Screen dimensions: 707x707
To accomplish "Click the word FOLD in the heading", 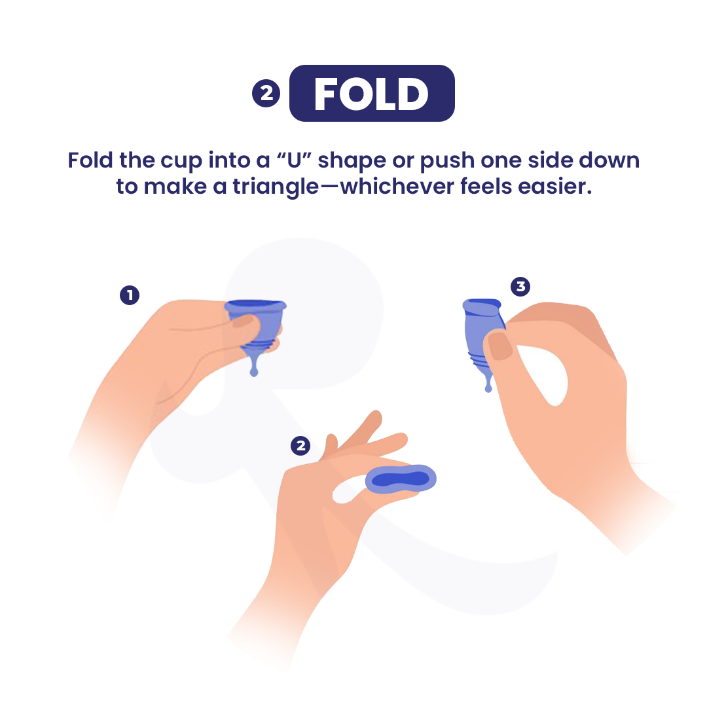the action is tap(371, 94).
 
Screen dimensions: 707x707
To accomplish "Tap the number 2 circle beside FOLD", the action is tap(266, 94).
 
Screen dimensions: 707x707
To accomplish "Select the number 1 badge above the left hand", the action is tap(130, 295).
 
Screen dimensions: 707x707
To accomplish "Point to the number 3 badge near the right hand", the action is tap(520, 286).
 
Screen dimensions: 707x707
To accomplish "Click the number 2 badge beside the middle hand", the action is tap(300, 446).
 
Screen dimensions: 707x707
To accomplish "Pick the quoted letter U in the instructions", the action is tap(295, 160).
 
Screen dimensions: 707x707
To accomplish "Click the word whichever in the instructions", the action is tap(397, 186).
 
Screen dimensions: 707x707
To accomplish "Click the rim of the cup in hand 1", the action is tap(255, 305).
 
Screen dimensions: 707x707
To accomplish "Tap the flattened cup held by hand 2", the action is tap(401, 479).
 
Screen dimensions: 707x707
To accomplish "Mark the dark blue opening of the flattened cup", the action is tap(401, 479).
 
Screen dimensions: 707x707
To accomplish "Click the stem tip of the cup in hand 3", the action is tap(488, 388).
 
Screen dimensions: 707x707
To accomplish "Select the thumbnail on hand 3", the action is tap(499, 346).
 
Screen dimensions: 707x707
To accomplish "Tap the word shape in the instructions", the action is tap(352, 162).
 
